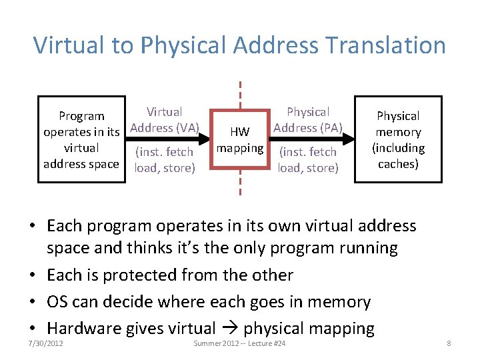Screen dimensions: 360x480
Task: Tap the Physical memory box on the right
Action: tap(398, 140)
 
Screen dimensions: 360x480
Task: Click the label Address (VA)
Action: tap(165, 127)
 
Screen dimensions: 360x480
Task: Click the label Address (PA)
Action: tap(307, 127)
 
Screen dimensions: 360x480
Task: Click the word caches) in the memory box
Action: tap(398, 164)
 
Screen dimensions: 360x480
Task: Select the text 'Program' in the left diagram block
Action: tap(81, 116)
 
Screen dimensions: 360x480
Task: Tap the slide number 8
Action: tap(449, 343)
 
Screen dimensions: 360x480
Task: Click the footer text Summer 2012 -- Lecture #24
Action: tap(239, 343)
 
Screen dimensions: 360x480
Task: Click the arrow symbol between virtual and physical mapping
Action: tap(231, 329)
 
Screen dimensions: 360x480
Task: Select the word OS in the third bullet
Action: tap(57, 302)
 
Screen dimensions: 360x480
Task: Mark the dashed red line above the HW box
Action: tap(239, 93)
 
